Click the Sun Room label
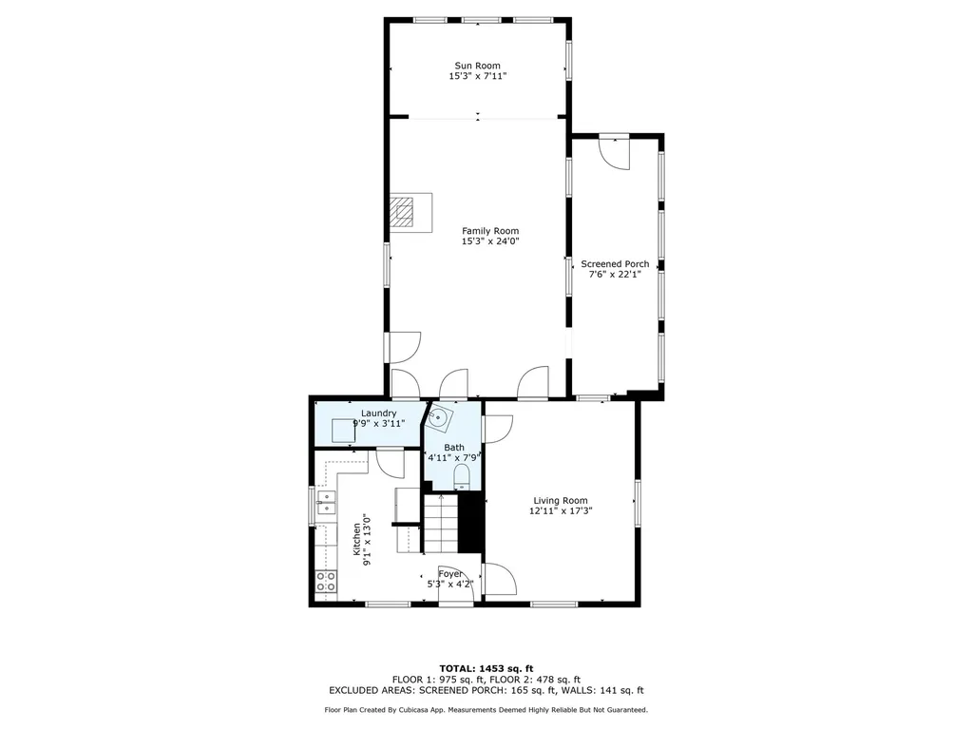tap(477, 66)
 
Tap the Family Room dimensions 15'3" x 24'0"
tap(489, 241)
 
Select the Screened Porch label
tap(615, 264)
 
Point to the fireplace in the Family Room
tap(410, 212)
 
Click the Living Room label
tap(561, 500)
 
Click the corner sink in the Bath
tap(439, 418)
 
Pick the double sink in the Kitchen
tap(326, 502)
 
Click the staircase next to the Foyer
tap(441, 524)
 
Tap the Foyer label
tap(450, 573)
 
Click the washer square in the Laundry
tap(343, 431)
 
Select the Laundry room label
tap(378, 413)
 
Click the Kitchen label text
tap(357, 539)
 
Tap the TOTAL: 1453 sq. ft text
tap(486, 668)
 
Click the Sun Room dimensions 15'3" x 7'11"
tap(478, 76)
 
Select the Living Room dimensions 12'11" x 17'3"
tap(561, 511)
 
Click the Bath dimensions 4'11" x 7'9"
tap(453, 458)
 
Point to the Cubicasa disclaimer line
tap(486, 709)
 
